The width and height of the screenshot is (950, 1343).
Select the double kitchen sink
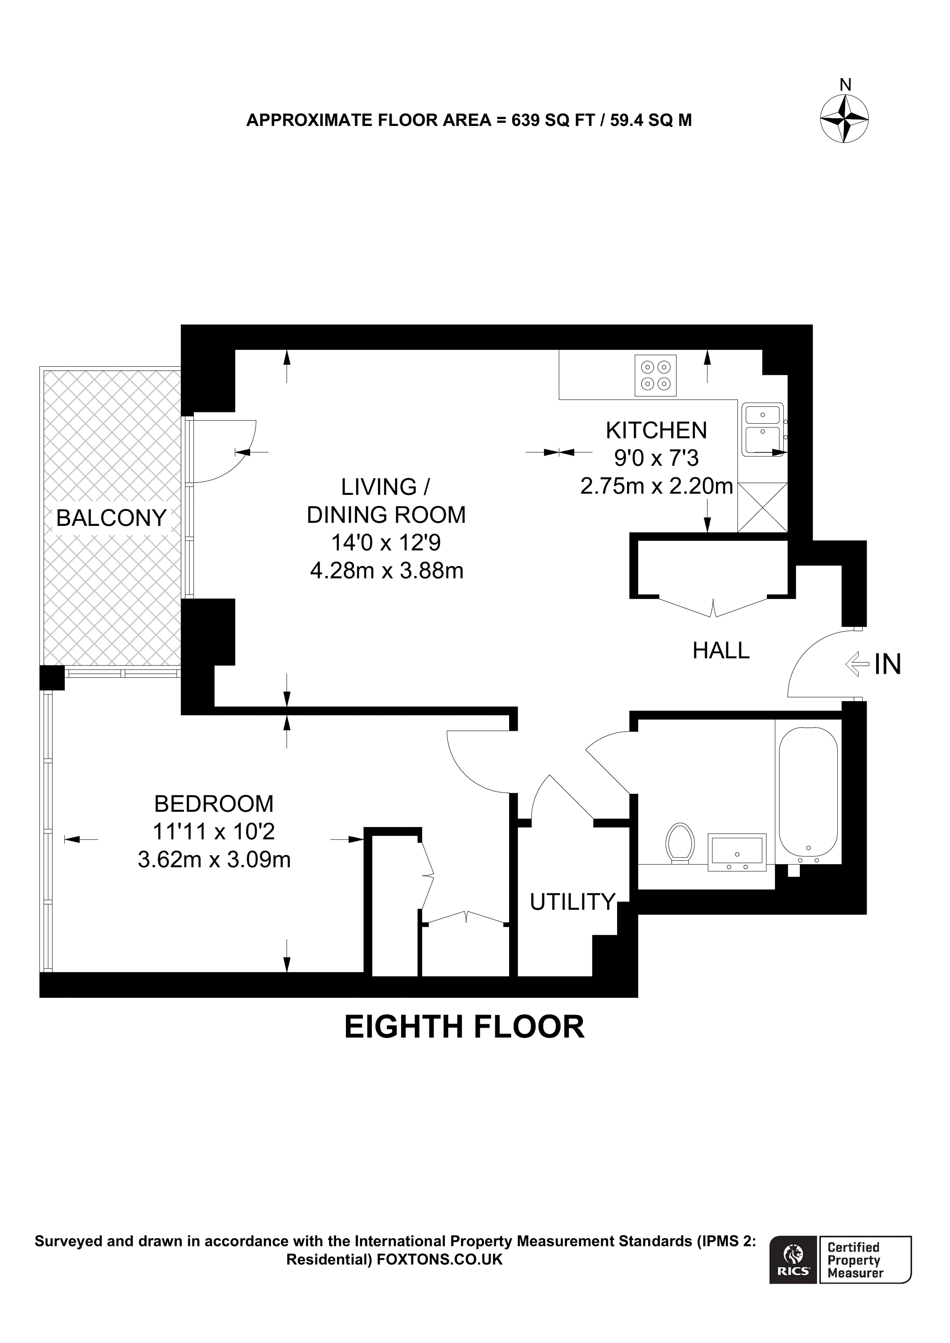tap(762, 429)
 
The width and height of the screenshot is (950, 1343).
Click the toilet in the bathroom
tap(680, 843)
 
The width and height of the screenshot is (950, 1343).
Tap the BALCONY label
tap(111, 518)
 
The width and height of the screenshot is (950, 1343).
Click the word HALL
tap(721, 651)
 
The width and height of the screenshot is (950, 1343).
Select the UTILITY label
tap(573, 902)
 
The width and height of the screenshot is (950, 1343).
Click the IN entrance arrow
tap(858, 664)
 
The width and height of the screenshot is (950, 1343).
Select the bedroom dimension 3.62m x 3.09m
tap(214, 860)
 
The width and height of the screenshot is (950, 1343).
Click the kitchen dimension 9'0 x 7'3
tap(656, 458)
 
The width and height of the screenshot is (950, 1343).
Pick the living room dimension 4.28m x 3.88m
tap(386, 570)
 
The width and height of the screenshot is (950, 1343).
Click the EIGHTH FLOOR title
tap(464, 1027)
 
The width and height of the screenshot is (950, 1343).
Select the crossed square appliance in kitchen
tap(762, 507)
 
